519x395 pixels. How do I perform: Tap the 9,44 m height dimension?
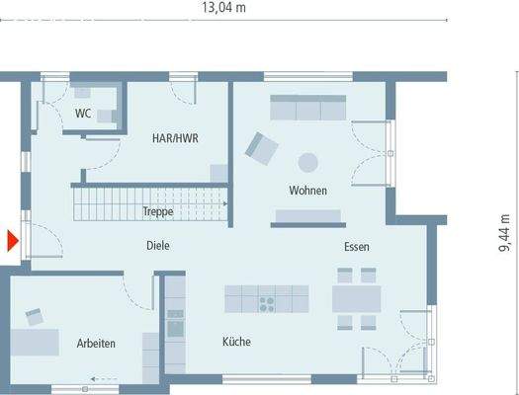[505, 234]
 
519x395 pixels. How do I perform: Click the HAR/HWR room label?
[175, 139]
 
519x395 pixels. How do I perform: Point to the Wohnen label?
[307, 190]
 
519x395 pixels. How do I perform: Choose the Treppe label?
[158, 211]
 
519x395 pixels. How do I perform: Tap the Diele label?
[158, 246]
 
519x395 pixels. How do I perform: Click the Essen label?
[357, 246]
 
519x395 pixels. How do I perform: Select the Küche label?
[236, 342]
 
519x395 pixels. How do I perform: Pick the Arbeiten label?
[96, 343]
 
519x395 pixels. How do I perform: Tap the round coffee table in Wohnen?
[309, 161]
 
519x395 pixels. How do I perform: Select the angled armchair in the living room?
[261, 149]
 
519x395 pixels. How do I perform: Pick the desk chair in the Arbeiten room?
[37, 316]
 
